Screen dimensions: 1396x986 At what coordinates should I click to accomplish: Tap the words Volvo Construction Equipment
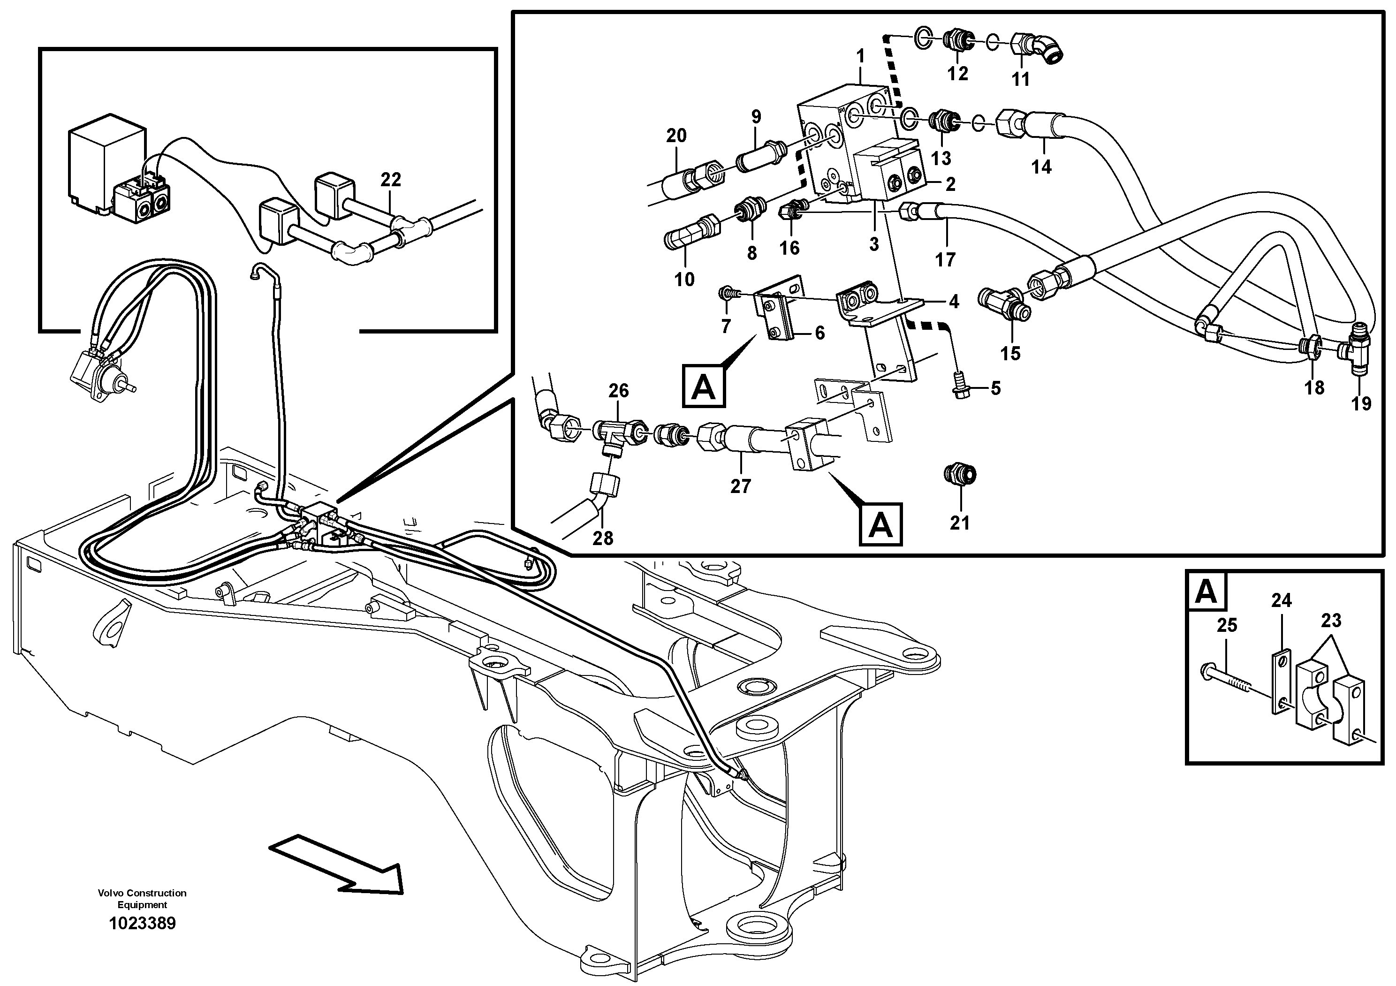click(x=142, y=898)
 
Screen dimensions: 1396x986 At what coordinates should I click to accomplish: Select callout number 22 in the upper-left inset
click(x=391, y=180)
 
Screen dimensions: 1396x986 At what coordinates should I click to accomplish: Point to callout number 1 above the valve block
click(x=860, y=57)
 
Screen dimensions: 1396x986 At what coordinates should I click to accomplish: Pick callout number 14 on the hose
click(x=1041, y=167)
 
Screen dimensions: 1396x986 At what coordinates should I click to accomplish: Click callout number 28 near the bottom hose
click(x=603, y=538)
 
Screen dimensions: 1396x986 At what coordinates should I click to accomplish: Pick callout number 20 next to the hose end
click(x=676, y=136)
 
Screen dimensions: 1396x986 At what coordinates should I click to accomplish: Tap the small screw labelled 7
click(x=725, y=294)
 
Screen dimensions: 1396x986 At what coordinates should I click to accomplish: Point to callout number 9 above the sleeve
click(x=756, y=117)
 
